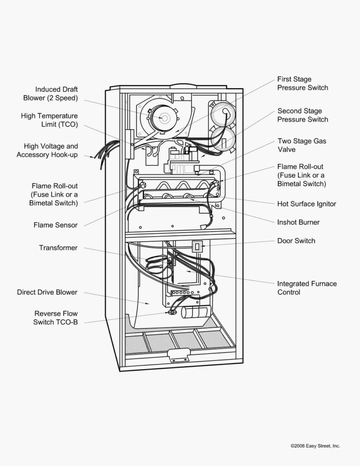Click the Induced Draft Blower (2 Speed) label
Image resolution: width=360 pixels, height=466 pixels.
point(51,93)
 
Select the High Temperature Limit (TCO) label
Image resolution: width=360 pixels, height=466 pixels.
point(49,120)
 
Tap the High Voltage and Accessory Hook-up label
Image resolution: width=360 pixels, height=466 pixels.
point(47,150)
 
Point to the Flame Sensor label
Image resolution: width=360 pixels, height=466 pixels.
point(55,225)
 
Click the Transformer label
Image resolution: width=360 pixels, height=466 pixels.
point(58,248)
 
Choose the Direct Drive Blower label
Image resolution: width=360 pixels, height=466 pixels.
point(47,292)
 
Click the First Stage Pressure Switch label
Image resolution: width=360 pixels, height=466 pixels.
point(302,83)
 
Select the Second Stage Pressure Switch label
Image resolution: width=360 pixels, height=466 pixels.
point(302,115)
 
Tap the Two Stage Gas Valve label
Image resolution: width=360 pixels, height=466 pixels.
point(301,145)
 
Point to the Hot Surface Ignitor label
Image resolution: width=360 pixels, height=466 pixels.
point(306,203)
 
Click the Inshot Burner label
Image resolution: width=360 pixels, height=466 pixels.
point(298,222)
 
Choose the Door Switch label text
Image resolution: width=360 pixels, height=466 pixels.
point(296,240)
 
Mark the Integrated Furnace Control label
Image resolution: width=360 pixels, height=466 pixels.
point(307,288)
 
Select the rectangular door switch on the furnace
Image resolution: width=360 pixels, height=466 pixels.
point(197,246)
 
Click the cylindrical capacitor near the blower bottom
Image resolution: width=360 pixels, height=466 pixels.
point(193,312)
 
